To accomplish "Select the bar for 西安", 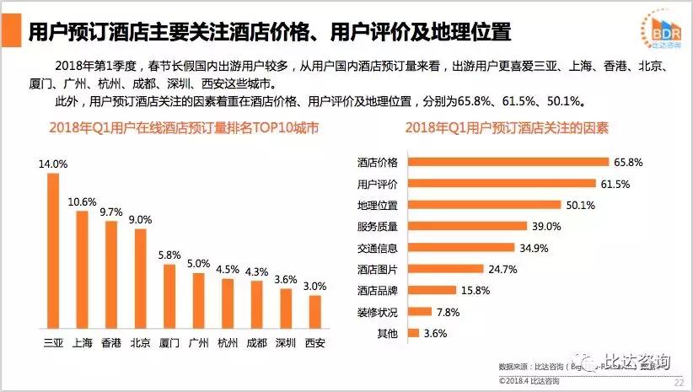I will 314,311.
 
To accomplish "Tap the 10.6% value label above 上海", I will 82,201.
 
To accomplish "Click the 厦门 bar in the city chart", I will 169,296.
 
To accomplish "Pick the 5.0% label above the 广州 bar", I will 198,264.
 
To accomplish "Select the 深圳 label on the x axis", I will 285,342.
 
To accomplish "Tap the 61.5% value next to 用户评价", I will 616,183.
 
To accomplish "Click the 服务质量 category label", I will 378,226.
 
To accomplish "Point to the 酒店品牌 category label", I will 378,290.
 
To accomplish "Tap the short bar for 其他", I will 412,333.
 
